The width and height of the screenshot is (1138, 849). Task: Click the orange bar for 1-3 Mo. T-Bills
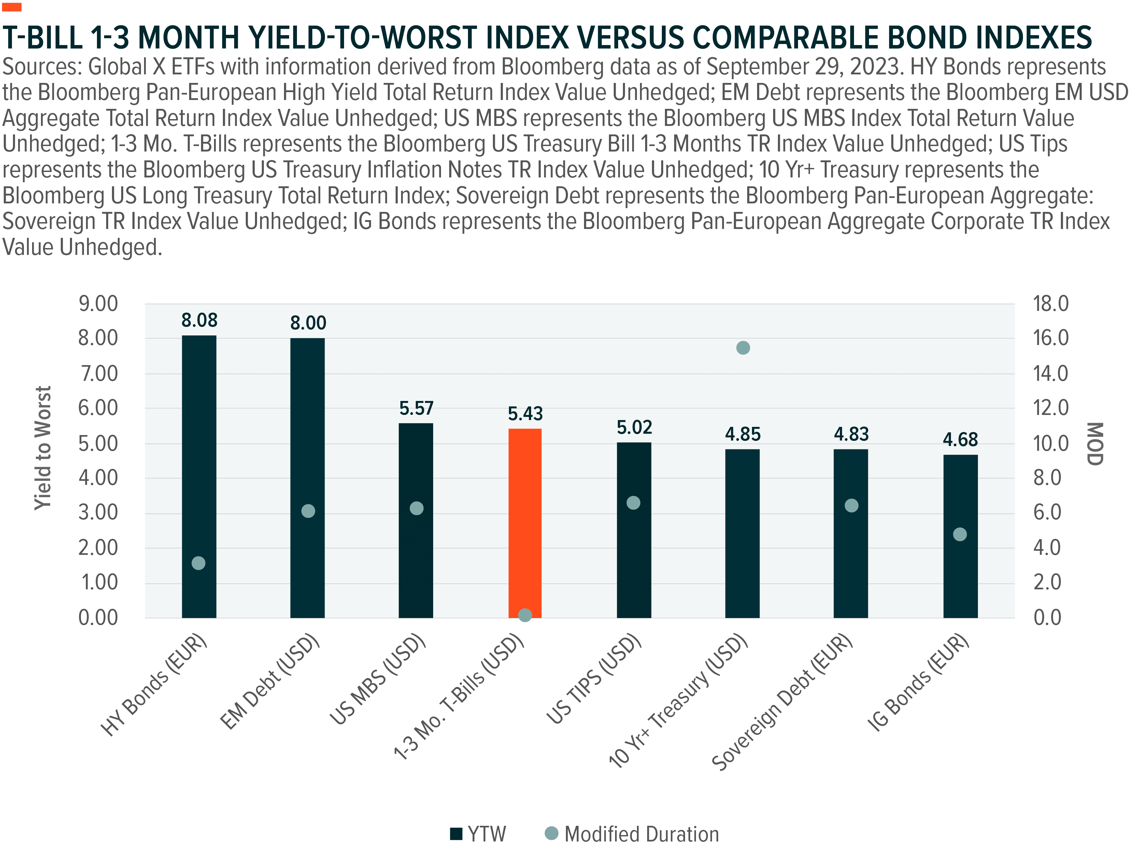click(525, 519)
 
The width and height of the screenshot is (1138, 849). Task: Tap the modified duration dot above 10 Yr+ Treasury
click(743, 348)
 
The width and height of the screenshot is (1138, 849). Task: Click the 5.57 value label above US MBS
click(416, 408)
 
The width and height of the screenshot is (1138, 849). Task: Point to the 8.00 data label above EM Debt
click(308, 323)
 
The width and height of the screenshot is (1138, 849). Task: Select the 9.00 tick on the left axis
click(98, 304)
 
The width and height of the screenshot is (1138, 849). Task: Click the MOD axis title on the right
click(1095, 444)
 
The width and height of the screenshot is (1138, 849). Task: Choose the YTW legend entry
click(478, 834)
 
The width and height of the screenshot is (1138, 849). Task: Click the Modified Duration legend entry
click(632, 834)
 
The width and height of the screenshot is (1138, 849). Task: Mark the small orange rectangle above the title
click(11, 7)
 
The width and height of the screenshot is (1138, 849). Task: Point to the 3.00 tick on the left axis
click(98, 513)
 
